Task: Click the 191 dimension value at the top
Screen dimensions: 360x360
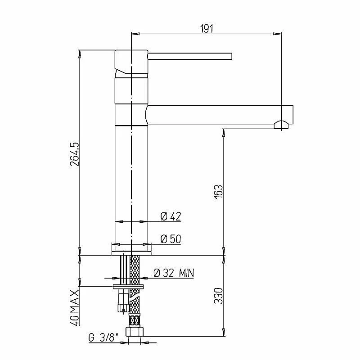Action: pyautogui.click(x=207, y=28)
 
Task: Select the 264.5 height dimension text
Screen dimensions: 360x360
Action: pyautogui.click(x=75, y=154)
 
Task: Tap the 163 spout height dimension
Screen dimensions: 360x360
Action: pyautogui.click(x=218, y=192)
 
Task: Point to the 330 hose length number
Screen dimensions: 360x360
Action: pyautogui.click(x=218, y=296)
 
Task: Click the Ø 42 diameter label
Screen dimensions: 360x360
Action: pyautogui.click(x=171, y=216)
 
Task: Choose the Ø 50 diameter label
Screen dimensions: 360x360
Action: pyautogui.click(x=171, y=239)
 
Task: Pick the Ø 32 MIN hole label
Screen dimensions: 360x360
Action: pyautogui.click(x=174, y=273)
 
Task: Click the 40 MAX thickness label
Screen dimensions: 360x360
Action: pyautogui.click(x=75, y=308)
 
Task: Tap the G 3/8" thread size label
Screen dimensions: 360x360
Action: pyautogui.click(x=103, y=338)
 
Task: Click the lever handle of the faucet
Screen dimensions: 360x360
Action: pyautogui.click(x=189, y=56)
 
